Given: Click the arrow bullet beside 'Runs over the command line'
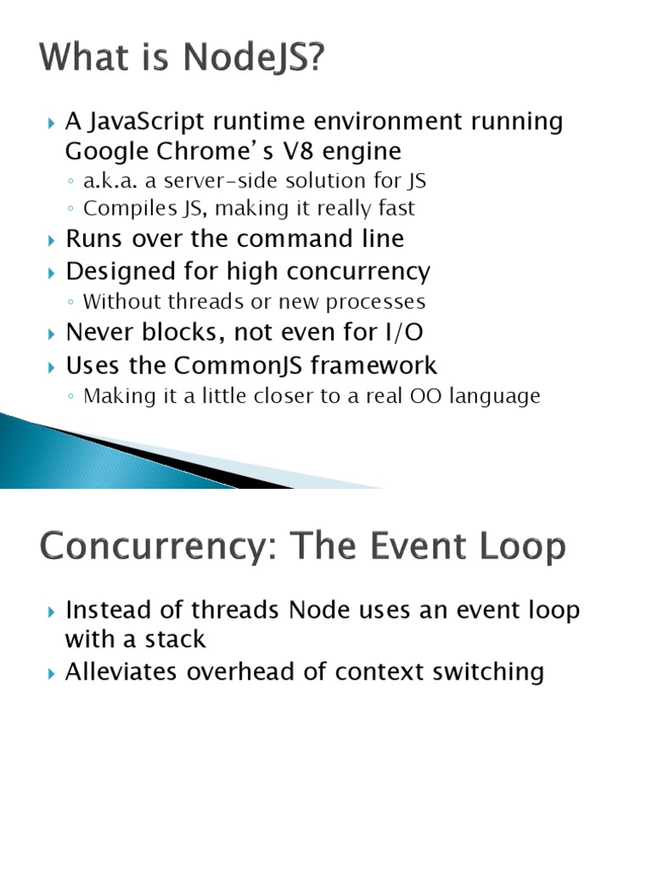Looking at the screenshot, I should pos(52,241).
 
